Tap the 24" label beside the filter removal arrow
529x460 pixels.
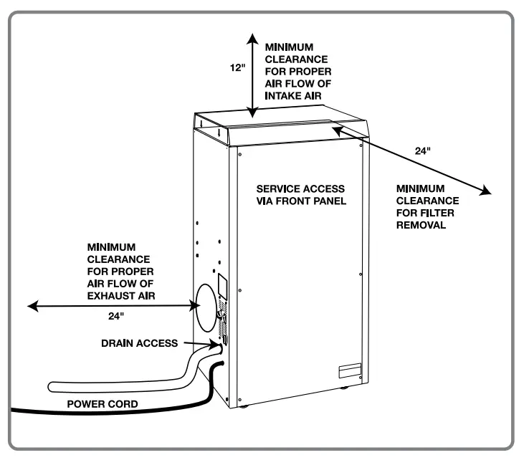[422, 151]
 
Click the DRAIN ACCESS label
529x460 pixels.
[140, 344]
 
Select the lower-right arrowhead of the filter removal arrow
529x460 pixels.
[489, 191]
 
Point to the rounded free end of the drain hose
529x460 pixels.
[52, 387]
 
